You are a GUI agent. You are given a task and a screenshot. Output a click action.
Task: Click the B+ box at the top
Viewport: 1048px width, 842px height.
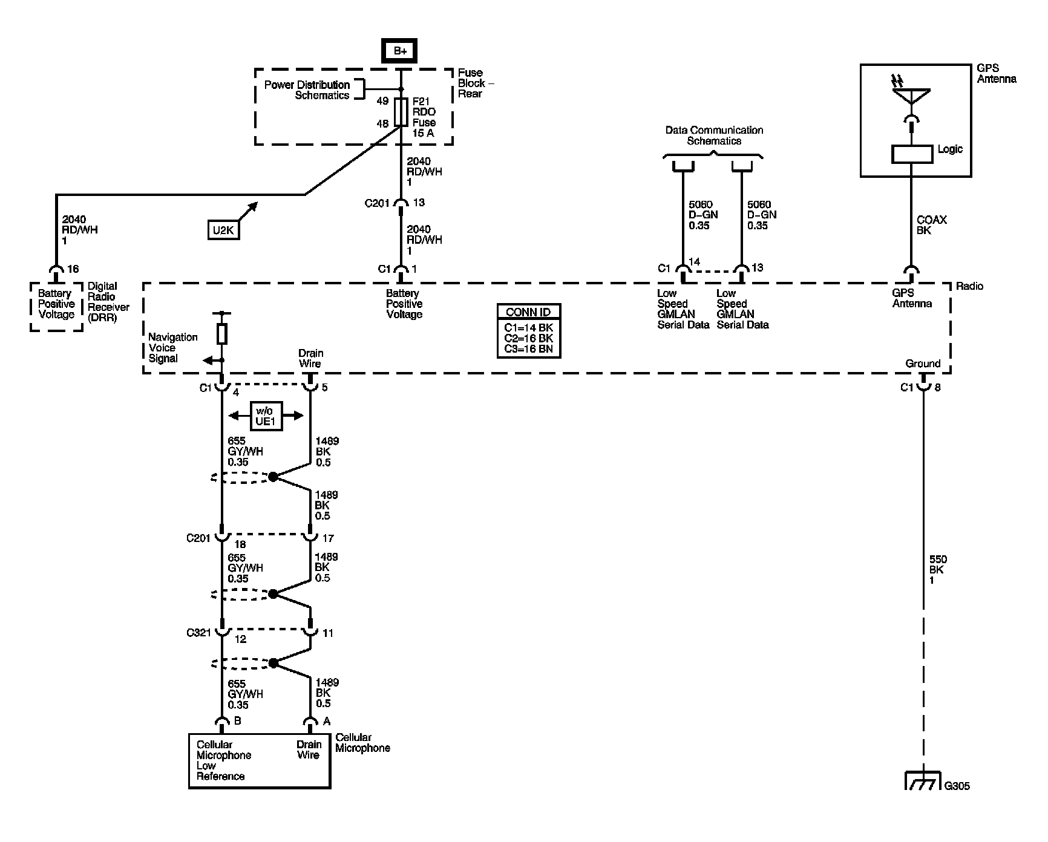[400, 51]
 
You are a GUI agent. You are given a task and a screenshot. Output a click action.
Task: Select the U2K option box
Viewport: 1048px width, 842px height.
[223, 230]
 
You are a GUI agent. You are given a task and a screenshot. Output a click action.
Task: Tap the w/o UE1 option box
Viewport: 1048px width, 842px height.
[266, 416]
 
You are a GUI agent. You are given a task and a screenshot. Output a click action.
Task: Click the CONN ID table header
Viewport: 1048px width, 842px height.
[528, 312]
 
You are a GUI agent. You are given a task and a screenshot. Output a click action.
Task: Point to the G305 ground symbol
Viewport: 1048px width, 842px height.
[923, 780]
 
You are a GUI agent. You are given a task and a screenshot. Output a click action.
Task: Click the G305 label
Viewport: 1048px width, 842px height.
[957, 786]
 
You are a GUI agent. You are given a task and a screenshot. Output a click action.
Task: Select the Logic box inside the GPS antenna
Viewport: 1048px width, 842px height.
[911, 154]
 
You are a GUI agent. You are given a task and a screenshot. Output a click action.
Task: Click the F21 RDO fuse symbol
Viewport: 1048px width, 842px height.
[400, 113]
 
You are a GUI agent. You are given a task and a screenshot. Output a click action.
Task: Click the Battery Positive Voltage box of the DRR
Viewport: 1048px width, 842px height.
[56, 306]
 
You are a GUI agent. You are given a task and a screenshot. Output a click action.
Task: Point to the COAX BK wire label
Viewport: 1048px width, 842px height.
[932, 225]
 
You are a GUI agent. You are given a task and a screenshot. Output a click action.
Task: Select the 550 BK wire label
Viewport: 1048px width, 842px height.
[937, 570]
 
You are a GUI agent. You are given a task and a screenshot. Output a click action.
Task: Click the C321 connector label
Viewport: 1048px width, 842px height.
[199, 633]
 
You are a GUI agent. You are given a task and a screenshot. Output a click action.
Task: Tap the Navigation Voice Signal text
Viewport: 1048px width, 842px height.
[172, 348]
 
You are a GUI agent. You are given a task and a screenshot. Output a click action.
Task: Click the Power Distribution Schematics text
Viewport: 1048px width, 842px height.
[307, 90]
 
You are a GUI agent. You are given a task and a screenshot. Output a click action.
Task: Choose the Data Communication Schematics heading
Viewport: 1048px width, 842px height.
[714, 135]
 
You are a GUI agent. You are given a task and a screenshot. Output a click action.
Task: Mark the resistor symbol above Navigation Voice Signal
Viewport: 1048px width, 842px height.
[222, 334]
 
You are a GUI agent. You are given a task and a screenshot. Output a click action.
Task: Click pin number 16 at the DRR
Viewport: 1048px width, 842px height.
[73, 269]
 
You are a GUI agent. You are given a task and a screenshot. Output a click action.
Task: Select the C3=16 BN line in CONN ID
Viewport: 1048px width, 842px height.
[528, 349]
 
